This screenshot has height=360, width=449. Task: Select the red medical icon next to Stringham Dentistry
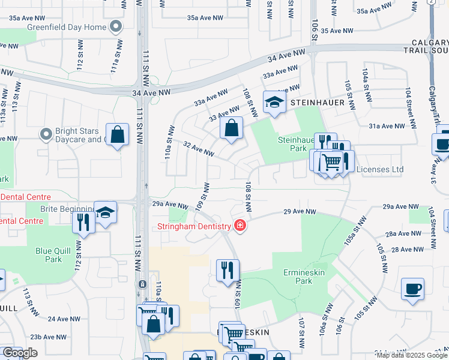point(240,226)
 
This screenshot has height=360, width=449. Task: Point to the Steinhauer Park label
point(294,144)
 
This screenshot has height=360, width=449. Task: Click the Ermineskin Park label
point(298,277)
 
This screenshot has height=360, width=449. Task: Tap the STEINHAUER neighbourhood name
point(318,103)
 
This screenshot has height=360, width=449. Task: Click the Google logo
point(19,353)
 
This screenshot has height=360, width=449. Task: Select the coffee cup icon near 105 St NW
point(412,289)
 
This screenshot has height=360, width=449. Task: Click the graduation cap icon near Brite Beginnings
point(105,213)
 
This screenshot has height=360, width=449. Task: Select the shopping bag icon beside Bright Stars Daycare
point(118,135)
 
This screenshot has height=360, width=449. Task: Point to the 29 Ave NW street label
point(300,212)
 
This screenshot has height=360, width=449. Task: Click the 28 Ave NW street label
point(407,249)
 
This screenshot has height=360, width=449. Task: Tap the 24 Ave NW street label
point(64,319)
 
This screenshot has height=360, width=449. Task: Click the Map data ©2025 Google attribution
point(411,355)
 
